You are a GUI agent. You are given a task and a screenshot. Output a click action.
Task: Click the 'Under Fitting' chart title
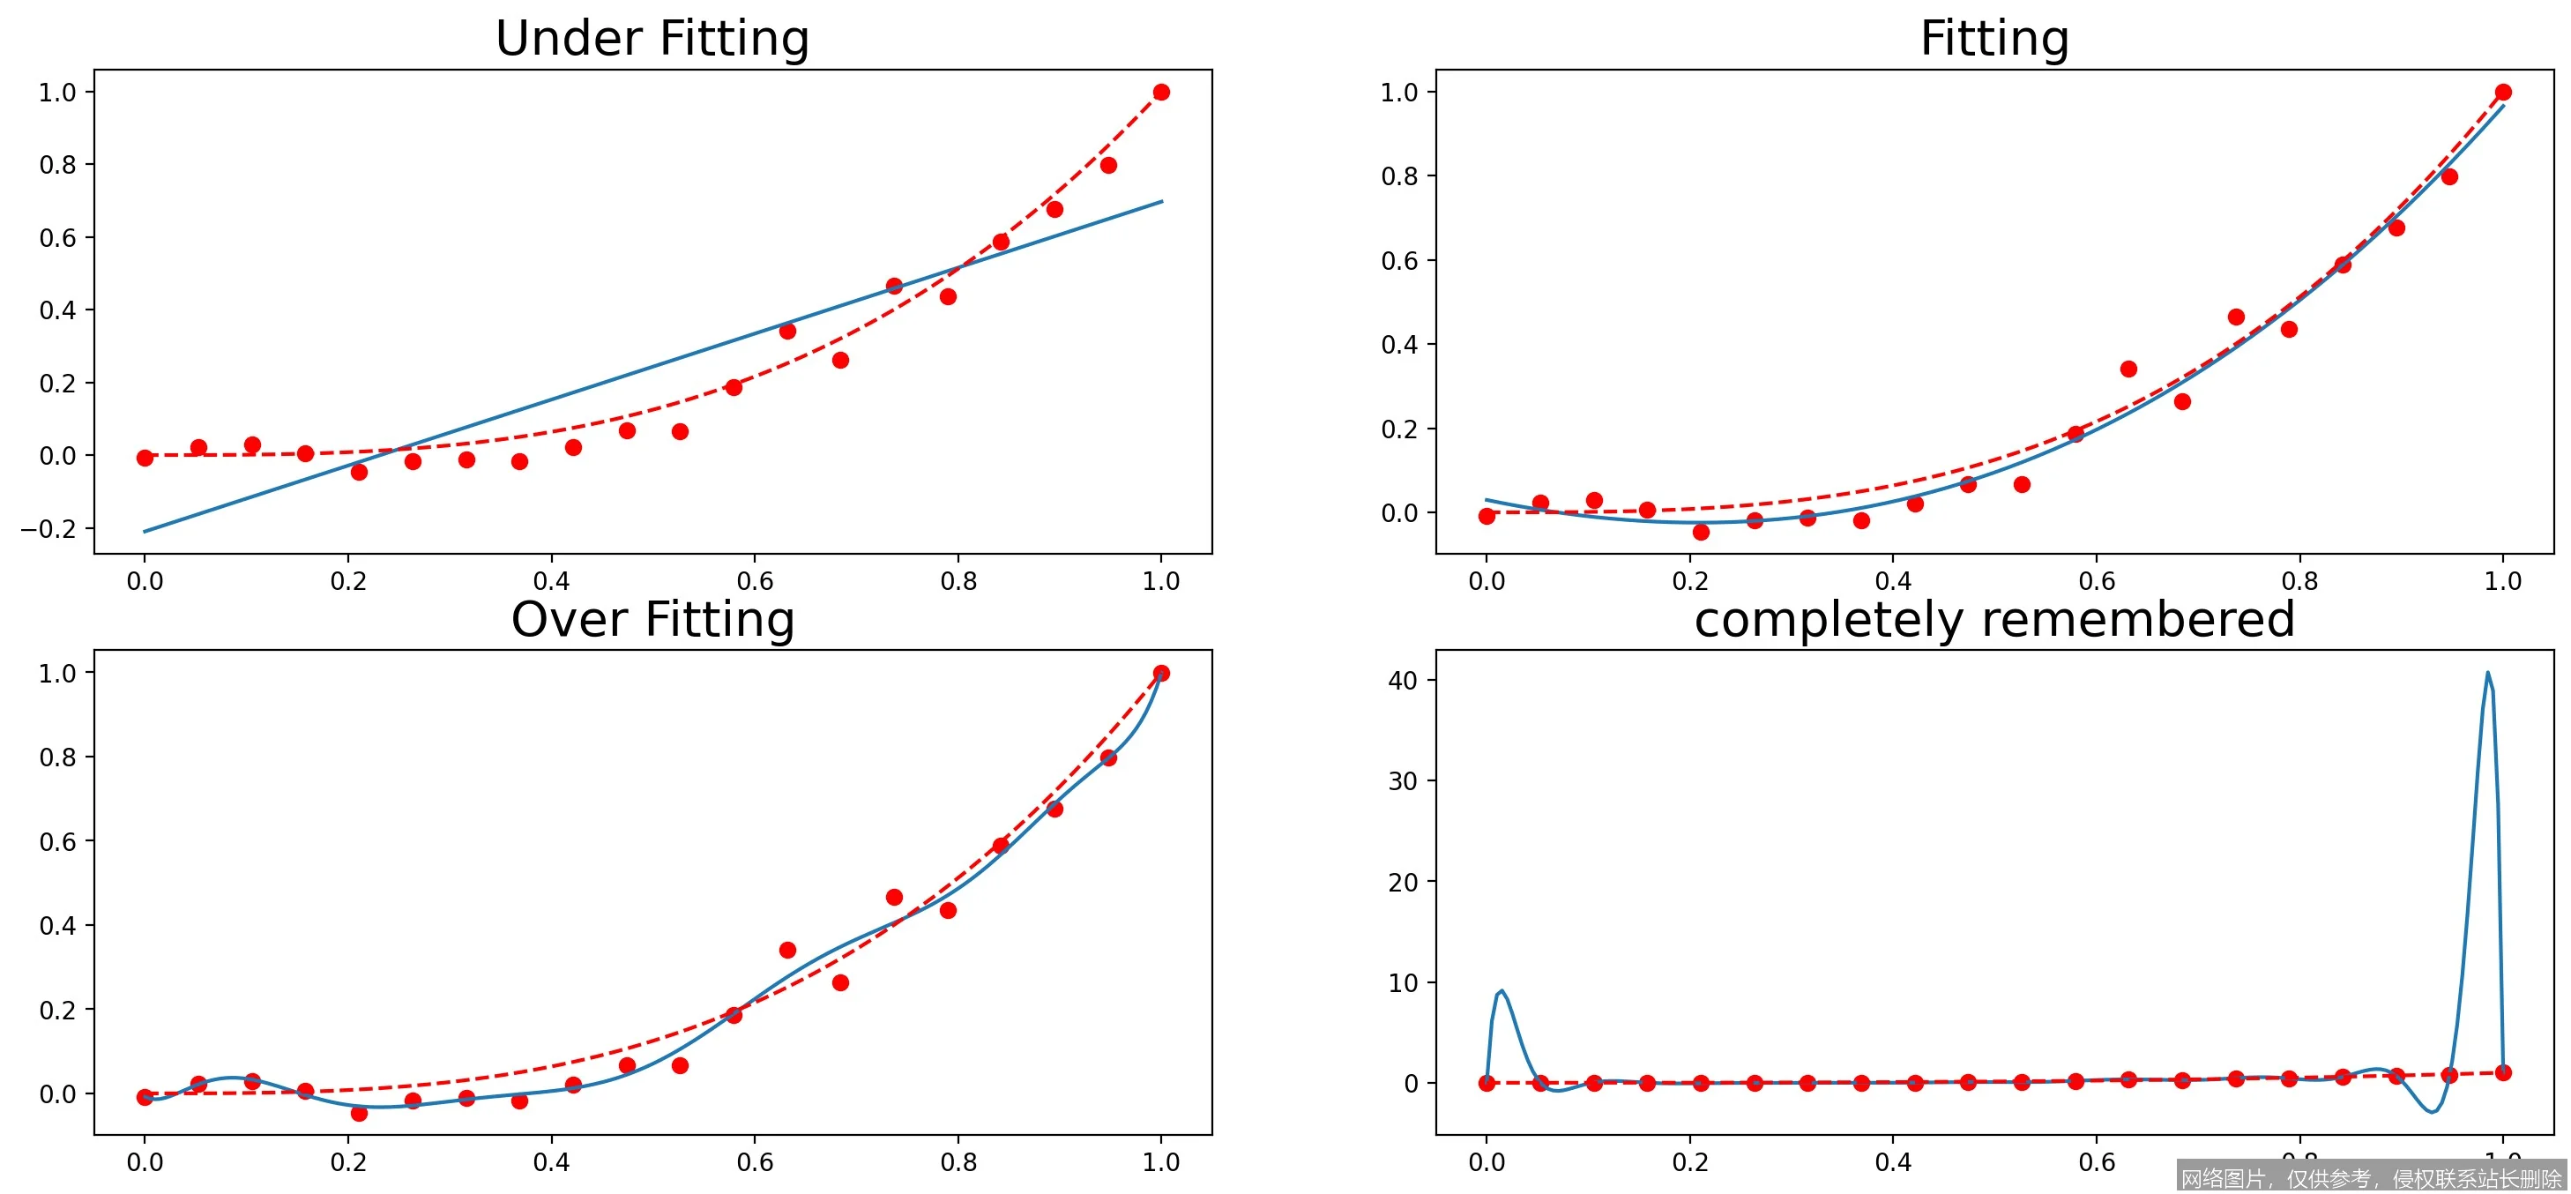click(x=652, y=39)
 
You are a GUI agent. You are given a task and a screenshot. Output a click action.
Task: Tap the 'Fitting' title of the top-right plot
click(x=1993, y=39)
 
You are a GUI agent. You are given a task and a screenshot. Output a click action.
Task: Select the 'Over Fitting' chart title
click(x=652, y=620)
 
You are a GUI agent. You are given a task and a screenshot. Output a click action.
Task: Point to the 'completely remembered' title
click(x=1993, y=620)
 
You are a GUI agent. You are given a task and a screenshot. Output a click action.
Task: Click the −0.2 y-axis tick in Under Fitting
click(x=48, y=529)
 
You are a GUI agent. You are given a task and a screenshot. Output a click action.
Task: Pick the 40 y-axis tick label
click(x=1402, y=681)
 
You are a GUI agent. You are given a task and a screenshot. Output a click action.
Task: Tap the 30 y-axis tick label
click(x=1402, y=781)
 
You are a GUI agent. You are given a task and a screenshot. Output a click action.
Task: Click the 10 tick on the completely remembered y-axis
click(x=1402, y=983)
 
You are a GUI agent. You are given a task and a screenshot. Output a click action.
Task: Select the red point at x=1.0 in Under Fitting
click(x=1161, y=92)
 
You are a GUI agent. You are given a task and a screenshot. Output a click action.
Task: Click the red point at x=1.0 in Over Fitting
click(x=1161, y=674)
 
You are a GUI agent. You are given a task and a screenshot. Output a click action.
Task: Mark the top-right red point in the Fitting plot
click(x=2503, y=92)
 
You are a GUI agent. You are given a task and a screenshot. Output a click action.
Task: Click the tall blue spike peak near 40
click(x=2487, y=673)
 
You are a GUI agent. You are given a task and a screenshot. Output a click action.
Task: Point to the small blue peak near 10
click(x=1502, y=991)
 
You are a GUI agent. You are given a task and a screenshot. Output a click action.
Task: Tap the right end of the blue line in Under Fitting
click(x=1162, y=202)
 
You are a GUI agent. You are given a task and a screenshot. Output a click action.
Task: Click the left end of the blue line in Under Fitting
click(x=145, y=531)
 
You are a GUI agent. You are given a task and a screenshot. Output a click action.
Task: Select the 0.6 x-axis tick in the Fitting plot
click(x=2096, y=581)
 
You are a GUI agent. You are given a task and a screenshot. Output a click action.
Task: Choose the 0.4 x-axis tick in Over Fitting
click(x=551, y=1162)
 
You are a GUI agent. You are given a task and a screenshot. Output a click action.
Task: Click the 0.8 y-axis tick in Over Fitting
click(x=57, y=757)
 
